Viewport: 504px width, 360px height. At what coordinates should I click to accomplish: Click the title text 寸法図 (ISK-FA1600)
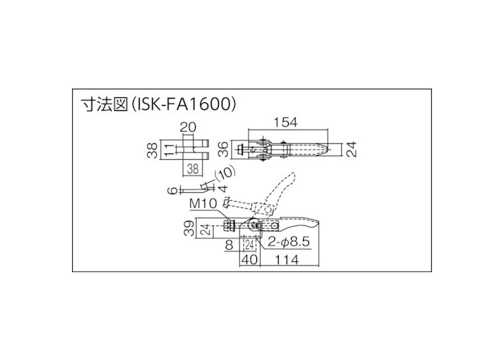tap(158, 105)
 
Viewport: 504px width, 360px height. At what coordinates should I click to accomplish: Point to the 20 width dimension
tap(188, 127)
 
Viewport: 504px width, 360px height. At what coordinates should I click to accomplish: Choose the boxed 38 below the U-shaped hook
tap(193, 169)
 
